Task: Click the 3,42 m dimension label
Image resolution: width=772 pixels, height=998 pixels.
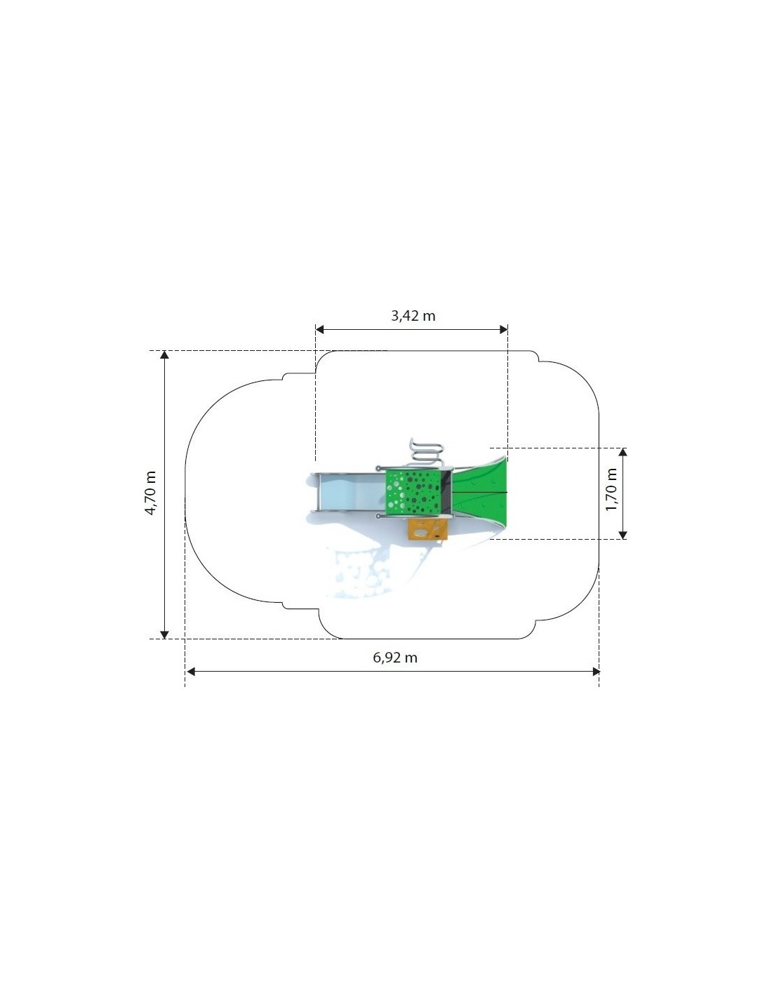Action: [x=413, y=316]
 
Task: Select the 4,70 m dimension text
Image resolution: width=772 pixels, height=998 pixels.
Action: [x=151, y=493]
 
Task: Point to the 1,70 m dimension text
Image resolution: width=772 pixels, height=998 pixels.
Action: [x=611, y=490]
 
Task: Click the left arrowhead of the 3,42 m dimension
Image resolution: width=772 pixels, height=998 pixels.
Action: [x=319, y=329]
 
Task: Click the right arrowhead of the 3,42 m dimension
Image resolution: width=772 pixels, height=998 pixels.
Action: [x=503, y=329]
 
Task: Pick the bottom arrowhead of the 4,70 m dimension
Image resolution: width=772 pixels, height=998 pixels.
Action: [x=164, y=634]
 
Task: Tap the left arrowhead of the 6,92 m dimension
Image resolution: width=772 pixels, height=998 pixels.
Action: [x=191, y=672]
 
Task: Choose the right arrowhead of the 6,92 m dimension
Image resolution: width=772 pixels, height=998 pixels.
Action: [x=596, y=672]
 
